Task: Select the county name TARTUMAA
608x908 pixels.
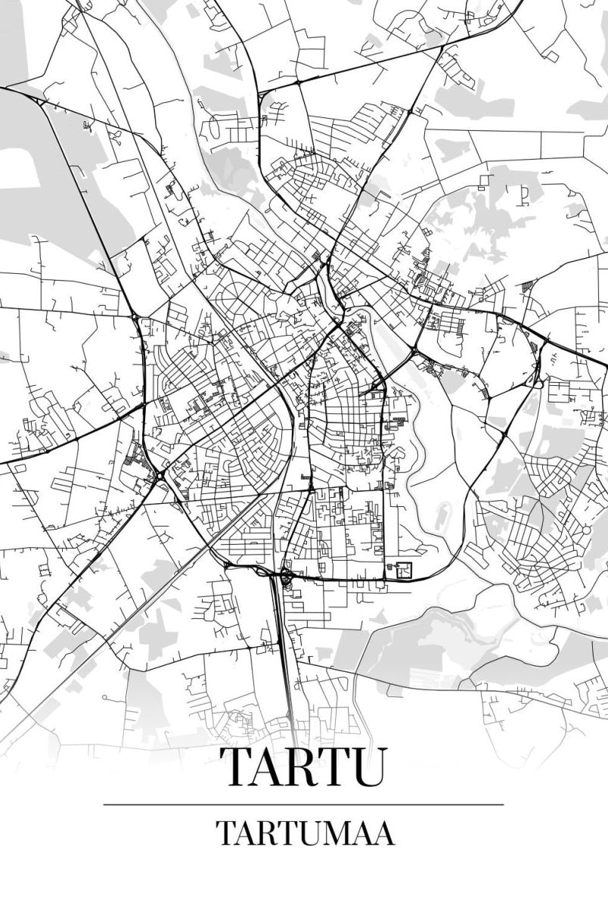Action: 305,833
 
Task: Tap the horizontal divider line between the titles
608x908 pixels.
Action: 302,804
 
